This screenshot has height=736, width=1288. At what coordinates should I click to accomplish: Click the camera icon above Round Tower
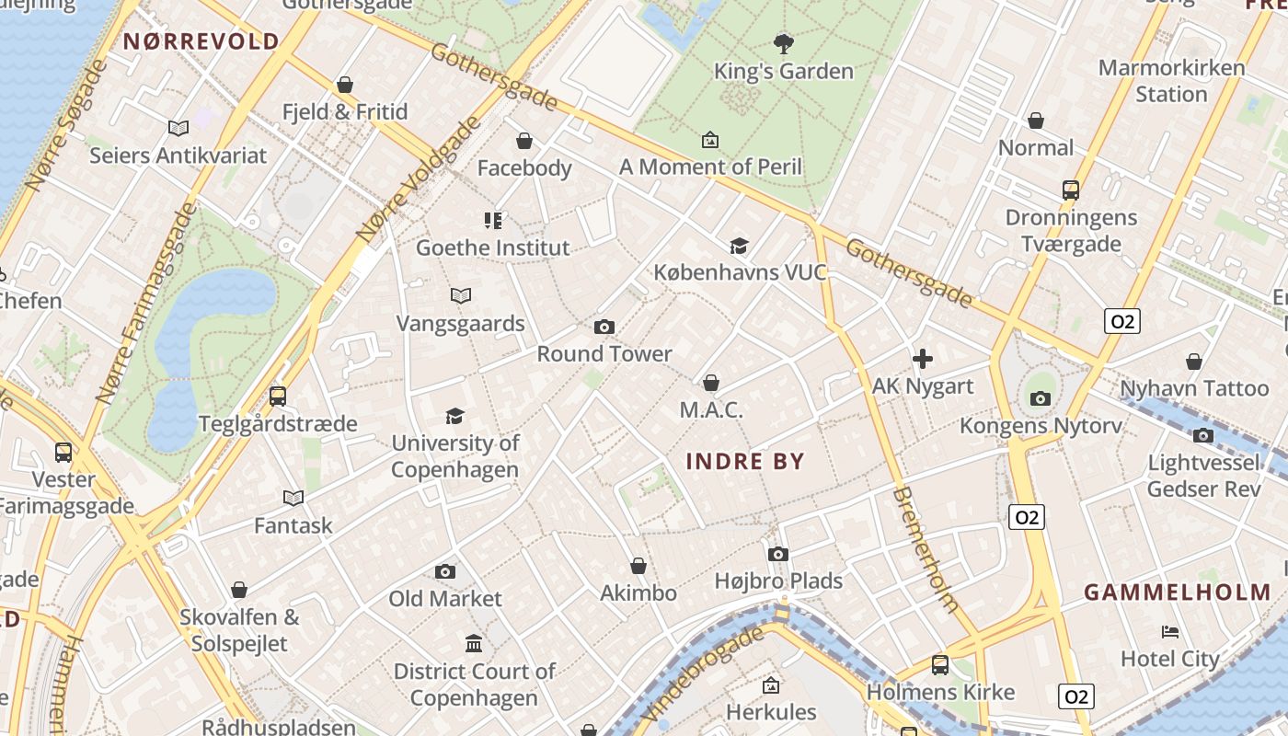[x=604, y=327]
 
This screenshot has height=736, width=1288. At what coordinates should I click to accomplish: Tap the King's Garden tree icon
[x=783, y=43]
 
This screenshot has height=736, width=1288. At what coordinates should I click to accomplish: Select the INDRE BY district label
[x=745, y=462]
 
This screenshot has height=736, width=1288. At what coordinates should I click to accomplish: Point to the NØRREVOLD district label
[x=201, y=41]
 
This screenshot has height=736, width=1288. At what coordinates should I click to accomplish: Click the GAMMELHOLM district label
[x=1178, y=592]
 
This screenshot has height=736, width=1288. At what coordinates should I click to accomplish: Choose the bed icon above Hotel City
[x=1170, y=631]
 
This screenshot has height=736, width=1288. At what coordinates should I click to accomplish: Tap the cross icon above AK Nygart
[x=923, y=359]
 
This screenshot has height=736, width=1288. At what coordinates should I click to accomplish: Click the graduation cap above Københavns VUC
[x=739, y=245]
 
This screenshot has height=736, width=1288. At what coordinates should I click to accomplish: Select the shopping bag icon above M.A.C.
[x=710, y=383]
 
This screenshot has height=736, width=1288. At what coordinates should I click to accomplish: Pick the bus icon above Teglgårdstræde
[x=278, y=397]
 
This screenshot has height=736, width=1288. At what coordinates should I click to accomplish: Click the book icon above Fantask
[x=293, y=498]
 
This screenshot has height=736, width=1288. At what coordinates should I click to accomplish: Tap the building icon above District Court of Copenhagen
[x=474, y=642]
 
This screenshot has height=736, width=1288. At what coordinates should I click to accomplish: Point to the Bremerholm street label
[x=926, y=549]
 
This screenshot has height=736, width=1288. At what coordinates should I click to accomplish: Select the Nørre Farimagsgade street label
[x=147, y=304]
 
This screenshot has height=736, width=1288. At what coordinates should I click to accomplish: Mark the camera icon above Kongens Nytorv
[x=1041, y=398]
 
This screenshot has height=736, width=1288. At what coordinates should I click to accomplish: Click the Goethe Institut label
[x=493, y=247]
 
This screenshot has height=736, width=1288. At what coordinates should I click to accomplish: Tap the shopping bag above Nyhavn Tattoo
[x=1194, y=362]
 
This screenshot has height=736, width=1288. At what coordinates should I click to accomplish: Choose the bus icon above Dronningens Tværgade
[x=1071, y=190]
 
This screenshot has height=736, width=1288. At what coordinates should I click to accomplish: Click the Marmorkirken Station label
[x=1171, y=81]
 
